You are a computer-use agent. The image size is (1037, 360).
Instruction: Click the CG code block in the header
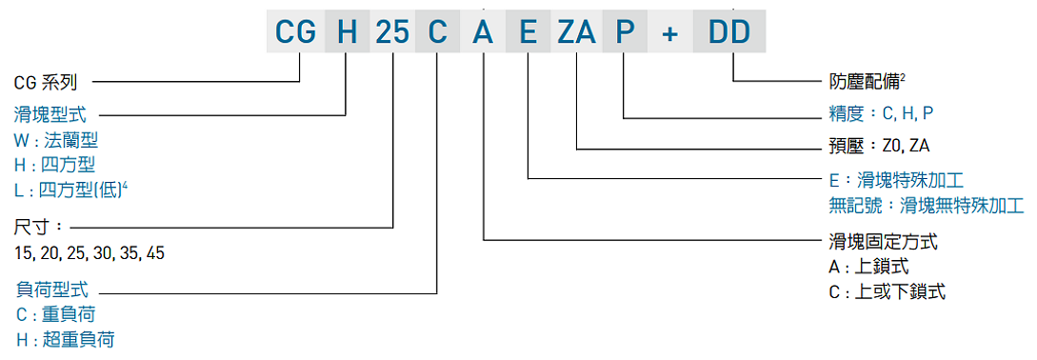[x=295, y=33]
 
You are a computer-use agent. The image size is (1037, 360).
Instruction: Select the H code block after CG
[x=347, y=33]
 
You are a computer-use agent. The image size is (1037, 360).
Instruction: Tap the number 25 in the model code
[x=392, y=33]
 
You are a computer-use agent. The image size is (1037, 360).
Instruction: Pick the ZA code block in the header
[x=576, y=33]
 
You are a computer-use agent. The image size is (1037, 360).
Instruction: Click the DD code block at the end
[x=729, y=33]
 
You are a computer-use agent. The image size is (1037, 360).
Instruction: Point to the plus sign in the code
[x=670, y=33]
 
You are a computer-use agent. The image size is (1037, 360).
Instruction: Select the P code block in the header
[x=624, y=33]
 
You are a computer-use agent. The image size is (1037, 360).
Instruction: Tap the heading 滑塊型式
[x=50, y=114]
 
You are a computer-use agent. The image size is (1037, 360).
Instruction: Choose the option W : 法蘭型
[x=56, y=140]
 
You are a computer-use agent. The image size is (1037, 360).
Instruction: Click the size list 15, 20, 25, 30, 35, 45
[x=90, y=253]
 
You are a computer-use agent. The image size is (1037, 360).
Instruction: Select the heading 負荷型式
[x=50, y=288]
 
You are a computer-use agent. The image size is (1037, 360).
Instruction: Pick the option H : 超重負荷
[x=65, y=339]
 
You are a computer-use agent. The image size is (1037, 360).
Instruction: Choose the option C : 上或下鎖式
[x=887, y=291]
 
